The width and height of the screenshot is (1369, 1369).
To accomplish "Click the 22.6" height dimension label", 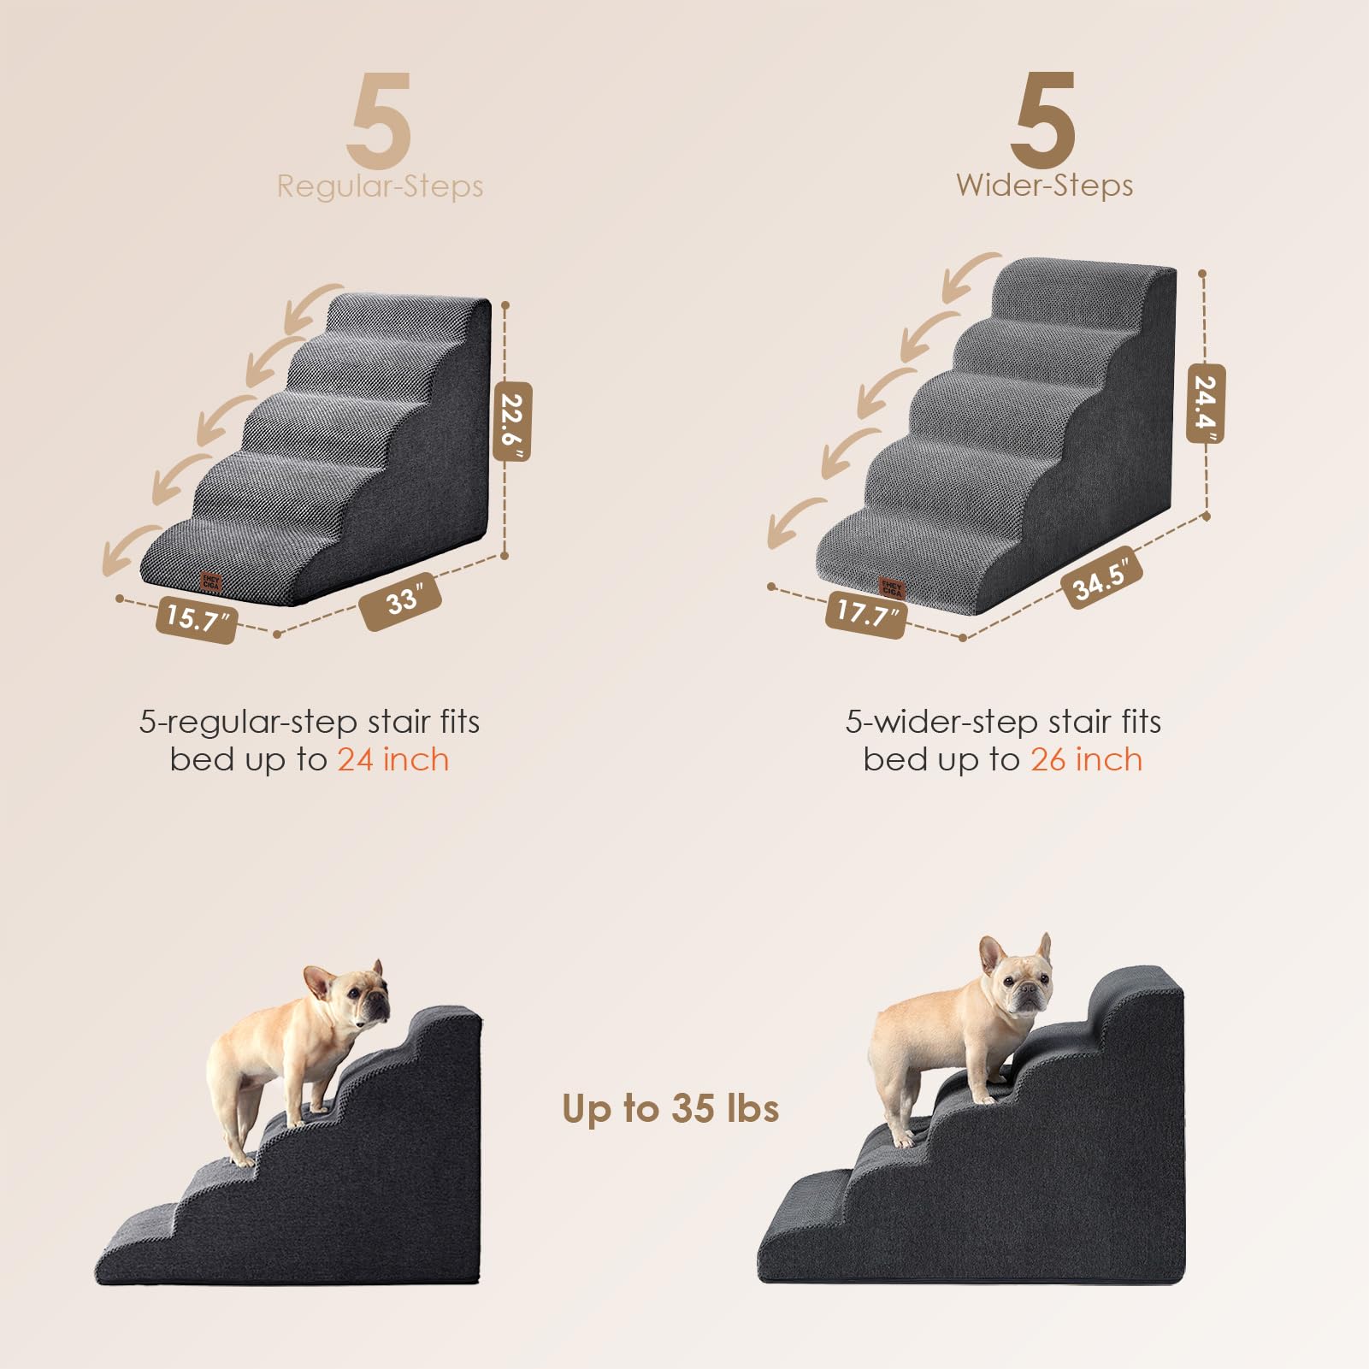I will [512, 422].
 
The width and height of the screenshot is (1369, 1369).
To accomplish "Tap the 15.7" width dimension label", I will [196, 617].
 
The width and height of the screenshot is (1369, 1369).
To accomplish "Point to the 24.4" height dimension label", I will [1206, 404].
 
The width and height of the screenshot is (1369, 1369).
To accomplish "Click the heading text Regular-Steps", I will [380, 186].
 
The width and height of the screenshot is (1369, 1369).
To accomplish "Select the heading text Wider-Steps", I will [1044, 186].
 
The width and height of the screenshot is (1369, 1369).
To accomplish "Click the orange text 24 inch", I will [392, 759].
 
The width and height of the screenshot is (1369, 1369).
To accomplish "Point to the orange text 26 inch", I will [1086, 759].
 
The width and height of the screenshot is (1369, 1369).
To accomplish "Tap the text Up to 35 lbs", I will [670, 1108].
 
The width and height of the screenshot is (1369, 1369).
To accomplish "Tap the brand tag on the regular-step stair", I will [210, 582].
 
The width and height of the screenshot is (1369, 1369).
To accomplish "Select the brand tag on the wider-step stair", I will [891, 587].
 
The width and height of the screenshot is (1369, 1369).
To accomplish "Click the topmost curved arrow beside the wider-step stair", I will [971, 276].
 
